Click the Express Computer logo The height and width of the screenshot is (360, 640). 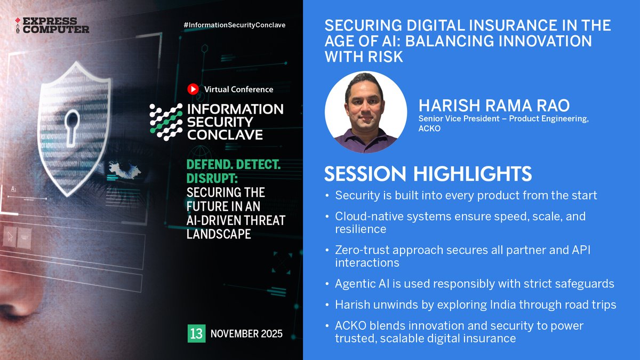52,25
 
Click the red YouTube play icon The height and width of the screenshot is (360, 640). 193,89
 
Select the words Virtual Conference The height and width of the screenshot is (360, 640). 238,90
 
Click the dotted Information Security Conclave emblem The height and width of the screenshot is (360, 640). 166,122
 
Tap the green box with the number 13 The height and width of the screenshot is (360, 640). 196,334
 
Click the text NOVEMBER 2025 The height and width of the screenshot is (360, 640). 246,334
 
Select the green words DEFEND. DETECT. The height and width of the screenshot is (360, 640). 233,165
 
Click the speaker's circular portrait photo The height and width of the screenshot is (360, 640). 365,112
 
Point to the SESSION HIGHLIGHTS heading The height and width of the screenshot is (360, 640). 428,174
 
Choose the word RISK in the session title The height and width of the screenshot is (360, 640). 383,57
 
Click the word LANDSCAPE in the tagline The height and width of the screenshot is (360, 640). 219,234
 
